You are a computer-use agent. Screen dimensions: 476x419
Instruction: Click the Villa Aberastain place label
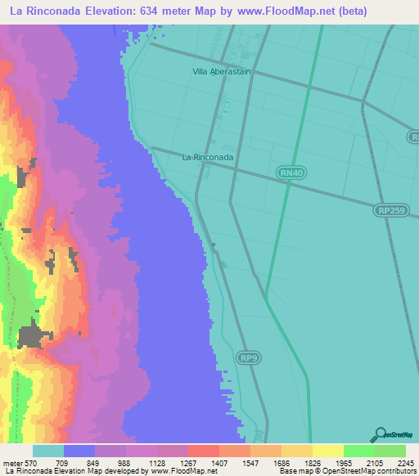point(221,72)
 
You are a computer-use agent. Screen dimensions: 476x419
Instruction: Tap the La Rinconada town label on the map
point(208,156)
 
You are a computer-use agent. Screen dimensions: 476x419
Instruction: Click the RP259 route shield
point(390,210)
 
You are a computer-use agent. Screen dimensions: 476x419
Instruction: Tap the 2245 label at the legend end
point(405,462)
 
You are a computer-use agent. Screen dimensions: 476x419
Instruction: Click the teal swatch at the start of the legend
point(48,451)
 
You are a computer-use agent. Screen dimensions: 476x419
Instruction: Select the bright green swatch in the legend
point(358,451)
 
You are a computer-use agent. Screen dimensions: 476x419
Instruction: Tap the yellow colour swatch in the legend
point(327,451)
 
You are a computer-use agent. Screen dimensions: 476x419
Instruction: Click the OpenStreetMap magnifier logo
point(379,435)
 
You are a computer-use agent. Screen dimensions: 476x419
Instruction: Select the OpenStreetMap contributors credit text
point(372,472)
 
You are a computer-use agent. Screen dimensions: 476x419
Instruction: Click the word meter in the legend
point(11,462)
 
